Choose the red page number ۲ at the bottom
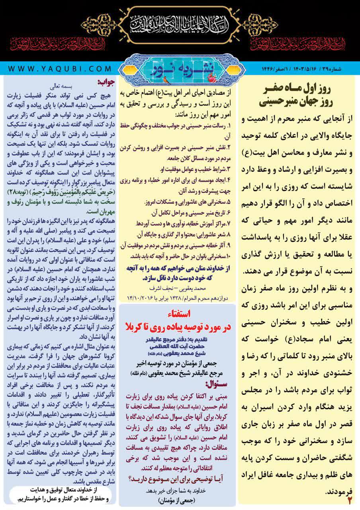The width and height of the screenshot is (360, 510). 350,500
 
